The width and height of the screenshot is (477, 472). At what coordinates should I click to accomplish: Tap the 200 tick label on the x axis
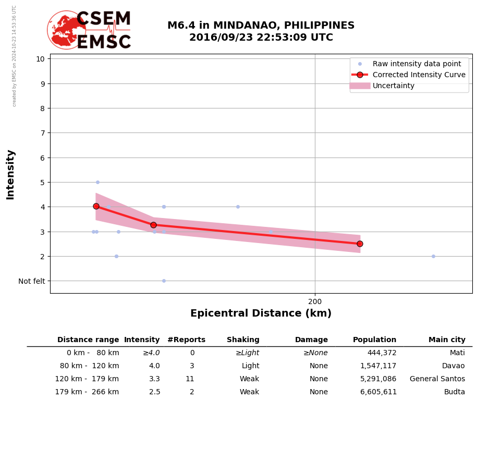[315, 301]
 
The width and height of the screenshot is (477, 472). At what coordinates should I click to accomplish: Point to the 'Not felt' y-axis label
[32, 281]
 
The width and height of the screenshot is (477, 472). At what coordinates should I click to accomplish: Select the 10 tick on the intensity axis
[40, 58]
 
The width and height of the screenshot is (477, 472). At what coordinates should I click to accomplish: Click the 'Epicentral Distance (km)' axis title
[261, 313]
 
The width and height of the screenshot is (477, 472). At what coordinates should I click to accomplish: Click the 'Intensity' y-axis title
[10, 174]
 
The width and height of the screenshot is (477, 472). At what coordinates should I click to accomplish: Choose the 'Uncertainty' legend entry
[394, 86]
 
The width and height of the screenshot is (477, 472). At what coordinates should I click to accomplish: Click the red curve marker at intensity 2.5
[360, 244]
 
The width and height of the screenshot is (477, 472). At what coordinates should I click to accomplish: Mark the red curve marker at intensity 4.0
[96, 206]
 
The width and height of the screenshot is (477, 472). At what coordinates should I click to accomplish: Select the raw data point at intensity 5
[97, 182]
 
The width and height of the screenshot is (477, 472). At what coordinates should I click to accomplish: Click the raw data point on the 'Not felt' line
[164, 281]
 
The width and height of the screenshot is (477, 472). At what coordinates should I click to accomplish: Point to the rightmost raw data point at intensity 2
[433, 256]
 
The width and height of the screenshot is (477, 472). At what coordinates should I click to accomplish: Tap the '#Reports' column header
[186, 340]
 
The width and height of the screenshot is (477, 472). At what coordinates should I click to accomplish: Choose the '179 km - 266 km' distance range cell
[87, 392]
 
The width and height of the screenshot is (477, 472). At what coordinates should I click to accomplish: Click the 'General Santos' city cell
[437, 379]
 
